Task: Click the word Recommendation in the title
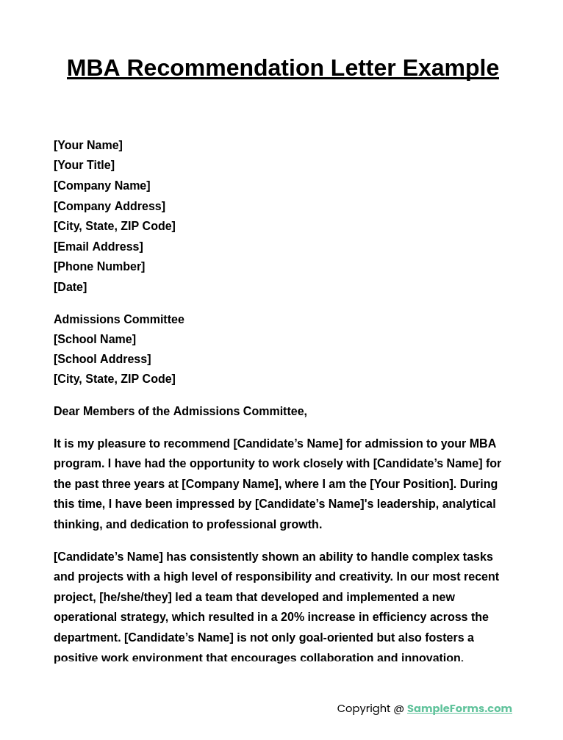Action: tap(225, 68)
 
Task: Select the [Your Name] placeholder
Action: tap(88, 146)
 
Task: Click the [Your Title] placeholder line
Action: tap(84, 165)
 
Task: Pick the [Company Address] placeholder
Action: tap(110, 206)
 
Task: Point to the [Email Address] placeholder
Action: tap(98, 247)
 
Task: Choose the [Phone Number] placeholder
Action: tap(99, 267)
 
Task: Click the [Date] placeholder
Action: tap(70, 287)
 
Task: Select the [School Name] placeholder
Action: tap(95, 340)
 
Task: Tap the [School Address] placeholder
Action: tap(102, 359)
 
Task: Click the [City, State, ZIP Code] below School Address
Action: tap(115, 379)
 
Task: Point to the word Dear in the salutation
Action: tap(67, 412)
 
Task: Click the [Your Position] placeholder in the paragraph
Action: tap(412, 484)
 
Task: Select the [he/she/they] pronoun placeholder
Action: tap(135, 597)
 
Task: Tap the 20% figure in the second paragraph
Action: tap(293, 617)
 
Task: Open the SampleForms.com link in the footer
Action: tap(459, 708)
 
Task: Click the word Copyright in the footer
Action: tap(364, 708)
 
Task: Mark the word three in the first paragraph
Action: tap(134, 484)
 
